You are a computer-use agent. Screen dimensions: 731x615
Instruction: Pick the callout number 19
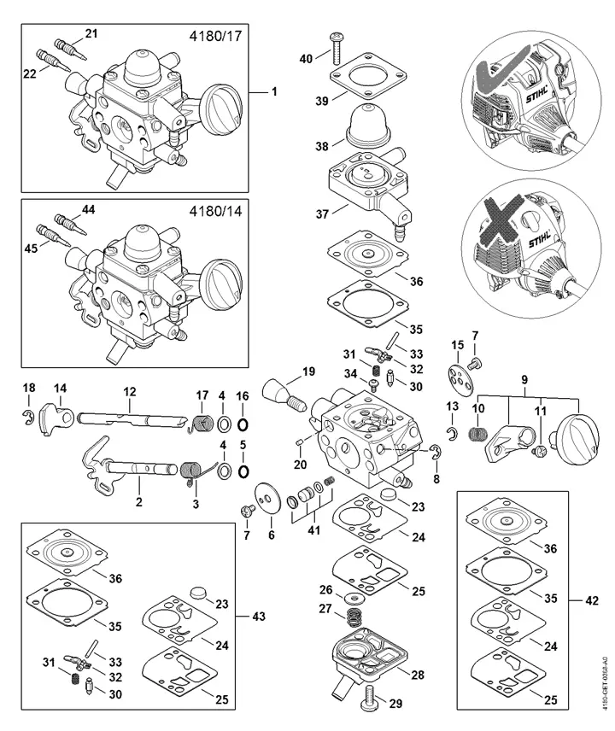pyautogui.click(x=308, y=371)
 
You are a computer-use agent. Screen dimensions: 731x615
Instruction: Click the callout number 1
pyautogui.click(x=274, y=91)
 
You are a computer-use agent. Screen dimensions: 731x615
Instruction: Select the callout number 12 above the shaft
pyautogui.click(x=130, y=391)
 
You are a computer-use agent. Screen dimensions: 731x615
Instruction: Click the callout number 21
pyautogui.click(x=91, y=32)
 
